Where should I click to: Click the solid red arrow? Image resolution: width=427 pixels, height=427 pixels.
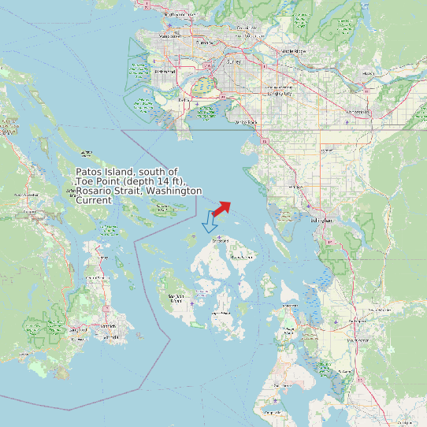[x=221, y=208]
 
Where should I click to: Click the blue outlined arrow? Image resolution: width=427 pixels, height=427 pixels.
[x=210, y=222]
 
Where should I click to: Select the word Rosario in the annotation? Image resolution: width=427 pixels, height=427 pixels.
[x=95, y=191]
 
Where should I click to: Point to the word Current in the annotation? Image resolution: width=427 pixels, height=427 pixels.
[x=94, y=200]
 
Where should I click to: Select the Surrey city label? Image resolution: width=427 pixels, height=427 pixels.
[x=234, y=61]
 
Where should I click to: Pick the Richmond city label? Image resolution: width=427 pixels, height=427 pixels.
[x=165, y=72]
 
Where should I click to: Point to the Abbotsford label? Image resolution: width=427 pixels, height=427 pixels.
[x=358, y=112]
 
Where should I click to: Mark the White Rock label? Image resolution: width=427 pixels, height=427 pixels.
[x=247, y=122]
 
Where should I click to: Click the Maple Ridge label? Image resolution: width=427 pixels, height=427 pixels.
[x=293, y=51]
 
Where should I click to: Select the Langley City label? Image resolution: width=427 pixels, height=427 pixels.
[x=280, y=93]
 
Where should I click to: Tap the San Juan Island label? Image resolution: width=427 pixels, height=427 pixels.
[x=176, y=298]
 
